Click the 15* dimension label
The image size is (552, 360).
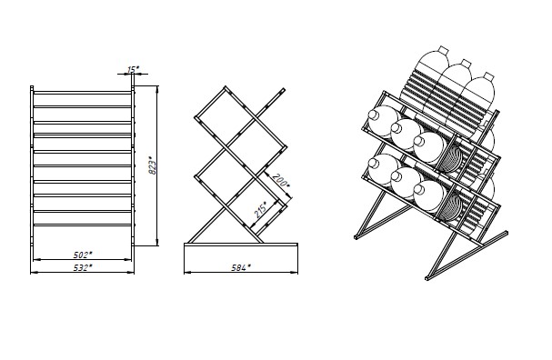click(133, 69)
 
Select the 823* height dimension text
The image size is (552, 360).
click(153, 165)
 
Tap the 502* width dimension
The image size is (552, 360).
click(83, 255)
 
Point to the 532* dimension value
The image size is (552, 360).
click(83, 267)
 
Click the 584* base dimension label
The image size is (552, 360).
click(241, 267)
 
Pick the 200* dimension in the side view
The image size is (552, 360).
click(281, 181)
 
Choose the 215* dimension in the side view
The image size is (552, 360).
click(260, 210)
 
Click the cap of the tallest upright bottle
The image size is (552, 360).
click(443, 50)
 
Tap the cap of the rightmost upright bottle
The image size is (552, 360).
click(488, 76)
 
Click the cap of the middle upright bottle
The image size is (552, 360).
click(466, 64)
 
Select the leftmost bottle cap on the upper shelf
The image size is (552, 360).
click(373, 115)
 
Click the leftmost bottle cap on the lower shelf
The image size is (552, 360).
click(373, 163)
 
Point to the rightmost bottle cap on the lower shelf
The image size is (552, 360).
click(418, 189)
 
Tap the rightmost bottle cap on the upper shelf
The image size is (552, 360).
click(418, 141)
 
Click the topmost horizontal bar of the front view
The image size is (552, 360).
click(83, 93)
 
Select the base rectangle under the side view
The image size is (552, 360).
click(241, 258)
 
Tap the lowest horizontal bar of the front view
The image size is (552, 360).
click(83, 225)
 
